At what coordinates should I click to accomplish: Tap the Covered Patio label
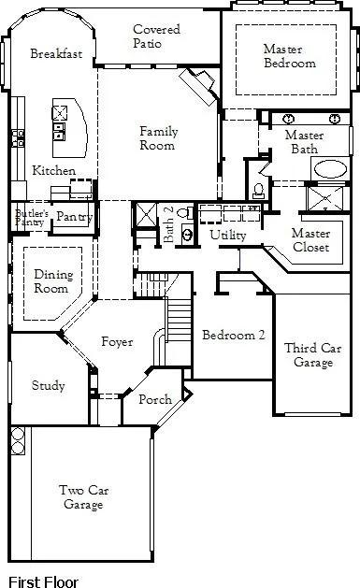156,36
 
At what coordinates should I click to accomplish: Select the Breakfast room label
55,54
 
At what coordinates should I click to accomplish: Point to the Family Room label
158,138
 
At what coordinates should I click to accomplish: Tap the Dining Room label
52,281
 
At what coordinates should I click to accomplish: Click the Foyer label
117,342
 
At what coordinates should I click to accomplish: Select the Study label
48,385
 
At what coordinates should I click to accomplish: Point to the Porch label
155,399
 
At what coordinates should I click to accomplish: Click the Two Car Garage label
80,497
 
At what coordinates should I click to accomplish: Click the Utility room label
227,235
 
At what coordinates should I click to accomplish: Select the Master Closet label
310,240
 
